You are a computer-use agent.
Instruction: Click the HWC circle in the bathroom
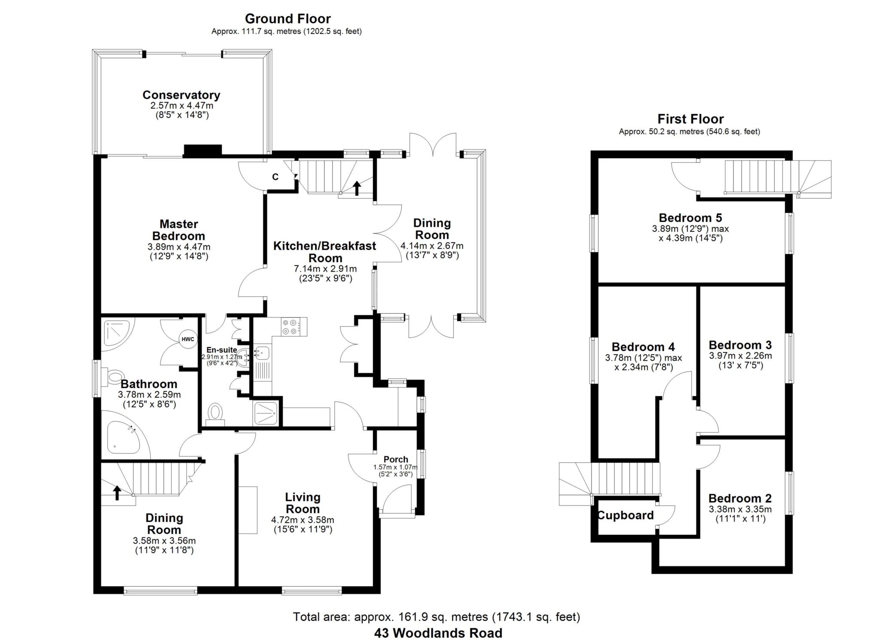pyautogui.click(x=187, y=339)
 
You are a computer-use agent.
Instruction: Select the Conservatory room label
pyautogui.click(x=181, y=95)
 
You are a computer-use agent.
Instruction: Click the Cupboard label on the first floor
pyautogui.click(x=625, y=515)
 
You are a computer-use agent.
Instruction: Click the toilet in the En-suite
pyautogui.click(x=215, y=413)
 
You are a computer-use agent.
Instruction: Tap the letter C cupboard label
pyautogui.click(x=275, y=177)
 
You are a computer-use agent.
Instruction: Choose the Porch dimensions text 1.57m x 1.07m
pyautogui.click(x=395, y=467)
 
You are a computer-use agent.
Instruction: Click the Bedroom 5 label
pyautogui.click(x=691, y=217)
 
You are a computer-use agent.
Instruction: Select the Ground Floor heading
pyautogui.click(x=287, y=18)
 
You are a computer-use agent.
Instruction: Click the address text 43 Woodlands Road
pyautogui.click(x=438, y=633)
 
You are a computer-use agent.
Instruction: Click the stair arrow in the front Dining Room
pyautogui.click(x=117, y=493)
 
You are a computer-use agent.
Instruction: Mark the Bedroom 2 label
pyautogui.click(x=740, y=499)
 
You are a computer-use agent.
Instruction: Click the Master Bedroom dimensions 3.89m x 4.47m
pyautogui.click(x=179, y=247)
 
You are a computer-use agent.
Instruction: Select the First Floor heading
pyautogui.click(x=690, y=119)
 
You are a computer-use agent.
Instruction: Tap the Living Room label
pyautogui.click(x=302, y=503)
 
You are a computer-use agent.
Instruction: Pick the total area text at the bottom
pyautogui.click(x=436, y=617)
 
